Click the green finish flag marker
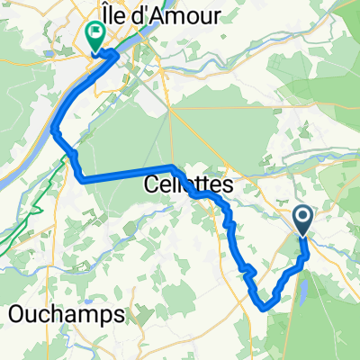click(x=94, y=35)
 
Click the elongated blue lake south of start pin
click(x=302, y=287)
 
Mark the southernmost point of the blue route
click(x=265, y=307)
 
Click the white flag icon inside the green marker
click(x=94, y=33)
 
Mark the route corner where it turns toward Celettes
click(x=83, y=180)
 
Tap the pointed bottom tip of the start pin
click(x=302, y=236)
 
